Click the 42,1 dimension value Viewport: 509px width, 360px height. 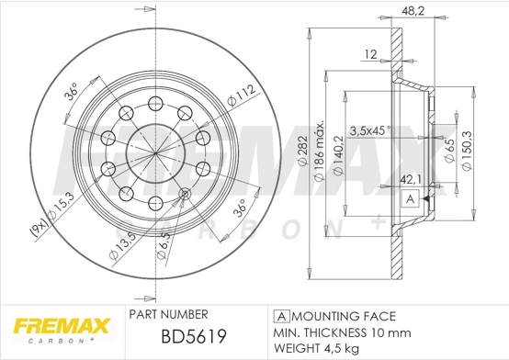(x=410, y=181)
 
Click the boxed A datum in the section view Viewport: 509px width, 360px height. (x=410, y=198)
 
